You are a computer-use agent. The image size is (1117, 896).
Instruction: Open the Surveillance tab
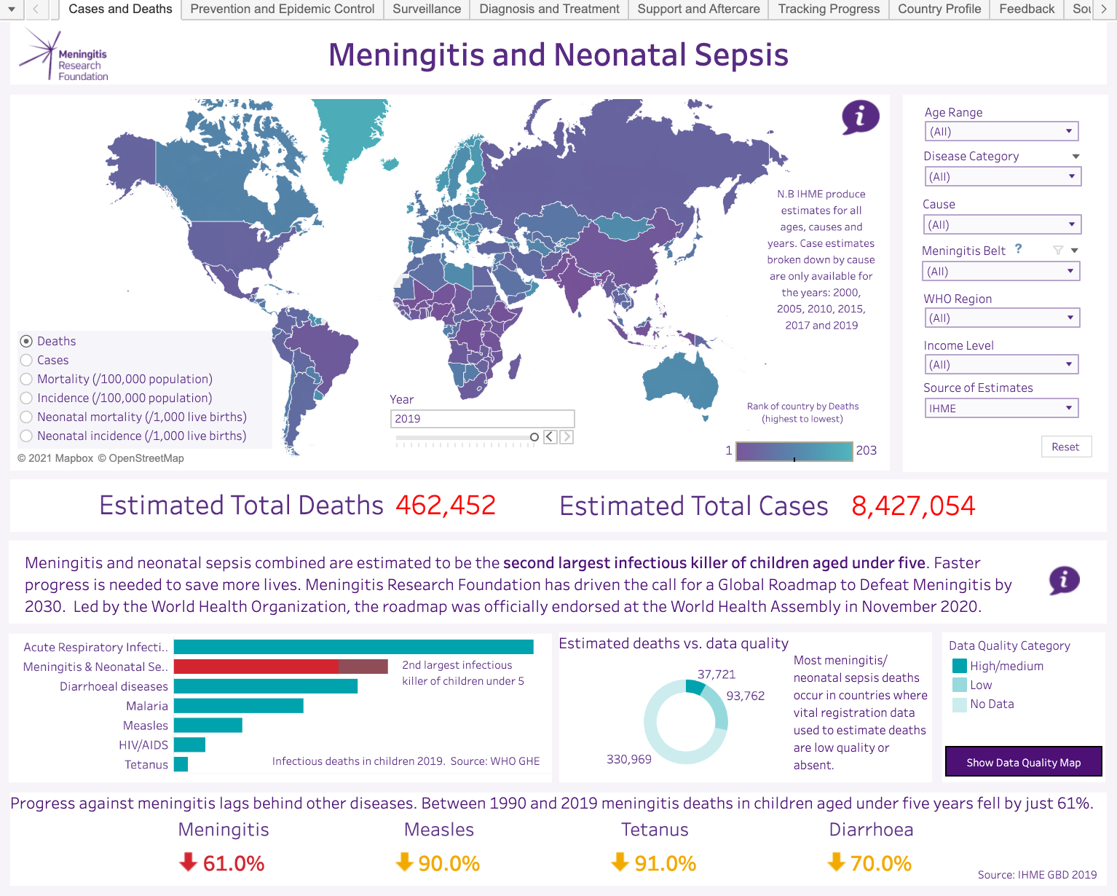(427, 9)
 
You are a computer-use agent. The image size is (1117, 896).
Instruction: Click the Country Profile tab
(939, 9)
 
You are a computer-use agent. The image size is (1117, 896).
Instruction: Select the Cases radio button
(26, 360)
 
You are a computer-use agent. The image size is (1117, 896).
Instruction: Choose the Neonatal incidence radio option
(26, 436)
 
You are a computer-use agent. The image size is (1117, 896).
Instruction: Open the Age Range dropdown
(1000, 131)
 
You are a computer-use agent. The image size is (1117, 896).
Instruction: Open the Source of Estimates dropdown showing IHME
(1000, 408)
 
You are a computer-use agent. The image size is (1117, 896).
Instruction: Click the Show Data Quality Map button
(1023, 761)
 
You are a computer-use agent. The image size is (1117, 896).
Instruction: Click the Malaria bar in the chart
(238, 705)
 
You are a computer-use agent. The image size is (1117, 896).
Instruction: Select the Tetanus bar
(181, 764)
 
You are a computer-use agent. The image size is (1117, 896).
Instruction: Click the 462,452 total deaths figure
(446, 506)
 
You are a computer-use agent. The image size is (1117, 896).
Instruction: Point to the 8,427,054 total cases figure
(913, 506)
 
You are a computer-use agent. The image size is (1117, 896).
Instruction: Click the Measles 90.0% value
(449, 863)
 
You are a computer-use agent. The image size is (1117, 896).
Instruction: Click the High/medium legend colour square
(959, 666)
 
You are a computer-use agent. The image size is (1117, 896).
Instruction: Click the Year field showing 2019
(482, 419)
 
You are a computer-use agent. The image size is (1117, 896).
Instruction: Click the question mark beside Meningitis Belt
(1019, 249)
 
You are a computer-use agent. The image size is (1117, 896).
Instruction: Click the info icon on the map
(860, 117)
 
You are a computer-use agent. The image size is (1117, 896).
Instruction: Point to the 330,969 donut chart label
(628, 759)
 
